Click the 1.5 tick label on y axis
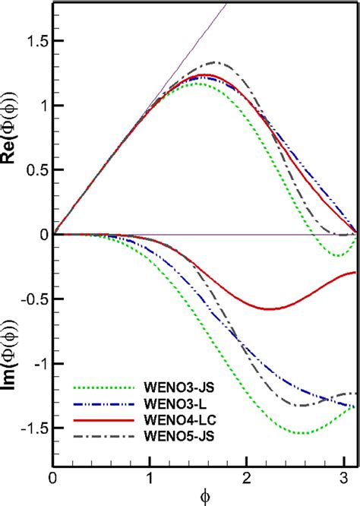pos(34,40)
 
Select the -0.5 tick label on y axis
pos(32,299)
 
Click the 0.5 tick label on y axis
pos(34,169)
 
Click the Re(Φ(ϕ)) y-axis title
pos(12,137)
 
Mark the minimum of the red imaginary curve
pos(270,308)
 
